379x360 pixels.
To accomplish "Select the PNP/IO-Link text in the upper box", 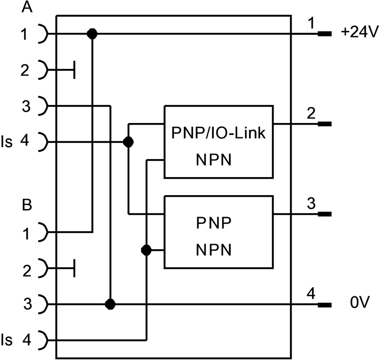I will point(218,133).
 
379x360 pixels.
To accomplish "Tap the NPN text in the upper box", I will point(214,160).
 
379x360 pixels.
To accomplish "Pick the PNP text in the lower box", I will point(214,223).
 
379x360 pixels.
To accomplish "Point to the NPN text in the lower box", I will point(214,250).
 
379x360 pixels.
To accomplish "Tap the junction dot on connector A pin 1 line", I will point(92,34).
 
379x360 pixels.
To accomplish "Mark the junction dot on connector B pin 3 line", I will point(110,304).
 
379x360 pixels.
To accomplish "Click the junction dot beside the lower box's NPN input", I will point(146,250).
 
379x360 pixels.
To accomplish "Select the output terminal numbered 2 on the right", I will point(324,124).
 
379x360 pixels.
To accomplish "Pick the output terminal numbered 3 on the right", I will point(324,214).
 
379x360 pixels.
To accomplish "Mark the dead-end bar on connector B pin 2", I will point(74,268).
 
